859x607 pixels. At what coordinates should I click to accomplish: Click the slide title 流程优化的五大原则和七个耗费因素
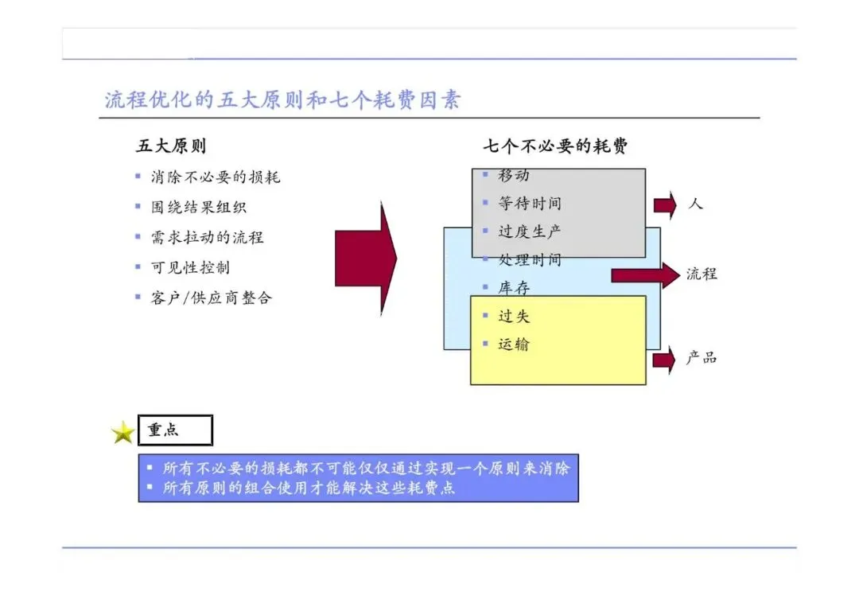[282, 100]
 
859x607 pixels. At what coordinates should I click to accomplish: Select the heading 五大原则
[171, 146]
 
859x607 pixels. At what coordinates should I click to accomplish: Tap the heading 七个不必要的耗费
[554, 146]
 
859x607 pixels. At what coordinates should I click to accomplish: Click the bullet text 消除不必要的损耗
[216, 177]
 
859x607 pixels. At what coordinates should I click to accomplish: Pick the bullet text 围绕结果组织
[199, 207]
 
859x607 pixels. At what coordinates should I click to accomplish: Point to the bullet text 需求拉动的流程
[208, 237]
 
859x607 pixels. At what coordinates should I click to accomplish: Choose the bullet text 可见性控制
[190, 267]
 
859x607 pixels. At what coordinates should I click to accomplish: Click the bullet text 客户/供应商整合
[212, 298]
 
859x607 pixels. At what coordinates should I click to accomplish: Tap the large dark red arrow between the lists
[365, 257]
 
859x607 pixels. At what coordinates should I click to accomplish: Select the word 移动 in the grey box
[513, 175]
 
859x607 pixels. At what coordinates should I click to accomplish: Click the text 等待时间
[530, 204]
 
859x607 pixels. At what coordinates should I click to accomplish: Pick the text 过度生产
[530, 232]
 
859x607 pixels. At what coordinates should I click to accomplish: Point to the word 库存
[513, 288]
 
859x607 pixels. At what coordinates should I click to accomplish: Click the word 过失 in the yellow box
[513, 317]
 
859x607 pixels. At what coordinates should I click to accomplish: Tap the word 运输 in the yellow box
[513, 344]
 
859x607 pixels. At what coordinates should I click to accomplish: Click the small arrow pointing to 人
[665, 204]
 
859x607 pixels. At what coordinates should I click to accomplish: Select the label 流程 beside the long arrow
[702, 274]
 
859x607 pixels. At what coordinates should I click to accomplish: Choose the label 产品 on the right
[702, 358]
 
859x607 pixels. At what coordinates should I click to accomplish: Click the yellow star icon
[123, 433]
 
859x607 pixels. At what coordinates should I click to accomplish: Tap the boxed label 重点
[175, 430]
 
